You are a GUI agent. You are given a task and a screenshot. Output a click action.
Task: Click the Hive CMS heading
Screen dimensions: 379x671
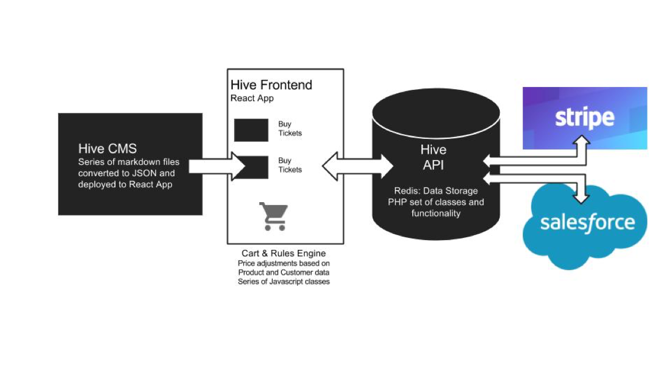tap(107, 149)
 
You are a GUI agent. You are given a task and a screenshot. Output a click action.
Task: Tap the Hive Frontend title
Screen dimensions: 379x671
tap(271, 85)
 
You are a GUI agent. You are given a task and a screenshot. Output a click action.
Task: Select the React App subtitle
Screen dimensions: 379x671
tap(252, 98)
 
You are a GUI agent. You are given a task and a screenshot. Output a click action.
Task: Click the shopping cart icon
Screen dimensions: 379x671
tap(273, 216)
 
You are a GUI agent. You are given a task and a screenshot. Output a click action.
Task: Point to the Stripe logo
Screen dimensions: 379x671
tap(584, 118)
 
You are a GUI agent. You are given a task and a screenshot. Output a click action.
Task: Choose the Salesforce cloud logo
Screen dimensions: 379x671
tap(586, 223)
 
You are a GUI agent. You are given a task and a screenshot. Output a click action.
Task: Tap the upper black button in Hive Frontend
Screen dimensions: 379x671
tap(251, 130)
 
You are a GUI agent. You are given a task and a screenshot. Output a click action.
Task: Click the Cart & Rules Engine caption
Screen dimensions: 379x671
tap(284, 253)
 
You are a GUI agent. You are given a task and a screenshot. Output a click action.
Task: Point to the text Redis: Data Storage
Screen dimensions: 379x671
tap(435, 191)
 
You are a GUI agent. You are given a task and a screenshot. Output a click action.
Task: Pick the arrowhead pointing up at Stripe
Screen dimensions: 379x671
tap(583, 141)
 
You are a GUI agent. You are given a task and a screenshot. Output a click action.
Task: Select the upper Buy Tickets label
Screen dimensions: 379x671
tap(290, 128)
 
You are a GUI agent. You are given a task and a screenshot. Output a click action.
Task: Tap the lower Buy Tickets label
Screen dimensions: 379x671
tap(290, 165)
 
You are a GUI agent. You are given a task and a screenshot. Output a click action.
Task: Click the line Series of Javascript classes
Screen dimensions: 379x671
tap(283, 282)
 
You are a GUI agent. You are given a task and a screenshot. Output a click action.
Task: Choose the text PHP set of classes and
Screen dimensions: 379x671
tap(435, 202)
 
